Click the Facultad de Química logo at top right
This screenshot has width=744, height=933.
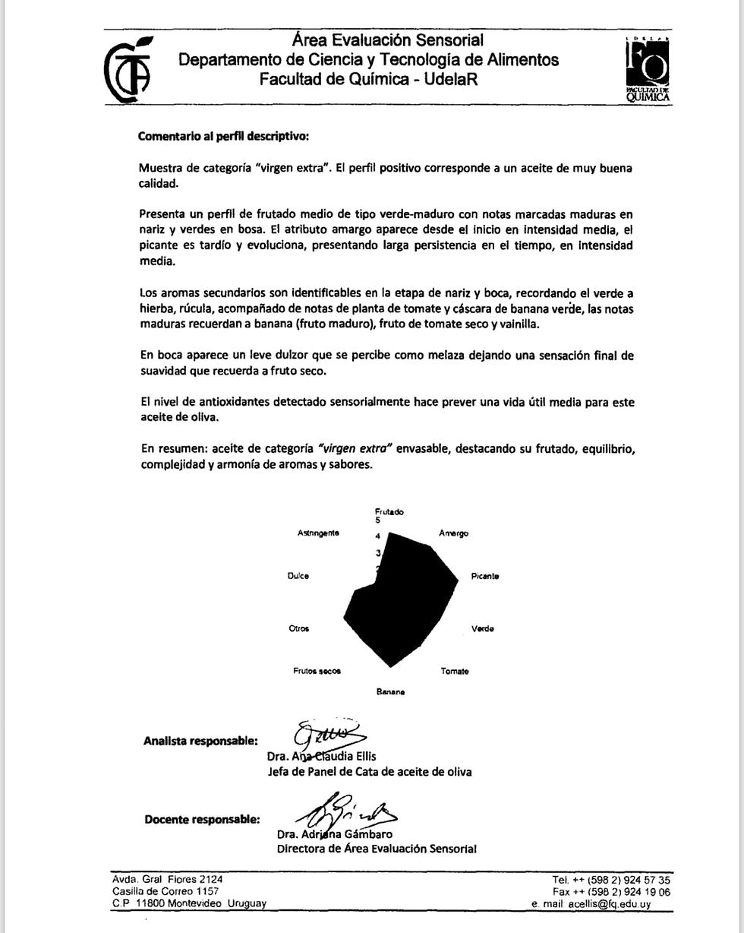pos(648,69)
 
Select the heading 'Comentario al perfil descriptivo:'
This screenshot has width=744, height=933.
pos(223,137)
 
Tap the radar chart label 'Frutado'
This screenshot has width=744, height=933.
pos(389,512)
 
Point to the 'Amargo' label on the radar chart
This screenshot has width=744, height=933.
pos(453,533)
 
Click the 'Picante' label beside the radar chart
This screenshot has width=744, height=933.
pos(485,576)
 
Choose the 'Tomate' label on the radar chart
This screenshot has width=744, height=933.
pos(455,672)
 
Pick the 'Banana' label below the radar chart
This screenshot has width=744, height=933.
pos(390,692)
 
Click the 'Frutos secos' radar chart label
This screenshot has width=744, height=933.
pos(317,671)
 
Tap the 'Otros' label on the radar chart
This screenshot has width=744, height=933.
pos(299,628)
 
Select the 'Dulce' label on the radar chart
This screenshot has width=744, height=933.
pos(298,576)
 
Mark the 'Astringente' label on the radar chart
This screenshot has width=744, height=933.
pos(318,533)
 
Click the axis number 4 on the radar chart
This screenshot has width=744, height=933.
pos(377,536)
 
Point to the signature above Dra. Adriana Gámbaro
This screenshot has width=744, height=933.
pos(345,811)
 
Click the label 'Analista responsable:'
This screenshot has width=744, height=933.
pos(200,742)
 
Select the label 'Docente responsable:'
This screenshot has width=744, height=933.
pos(202,820)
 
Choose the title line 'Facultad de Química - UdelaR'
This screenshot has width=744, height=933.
pos(368,79)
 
